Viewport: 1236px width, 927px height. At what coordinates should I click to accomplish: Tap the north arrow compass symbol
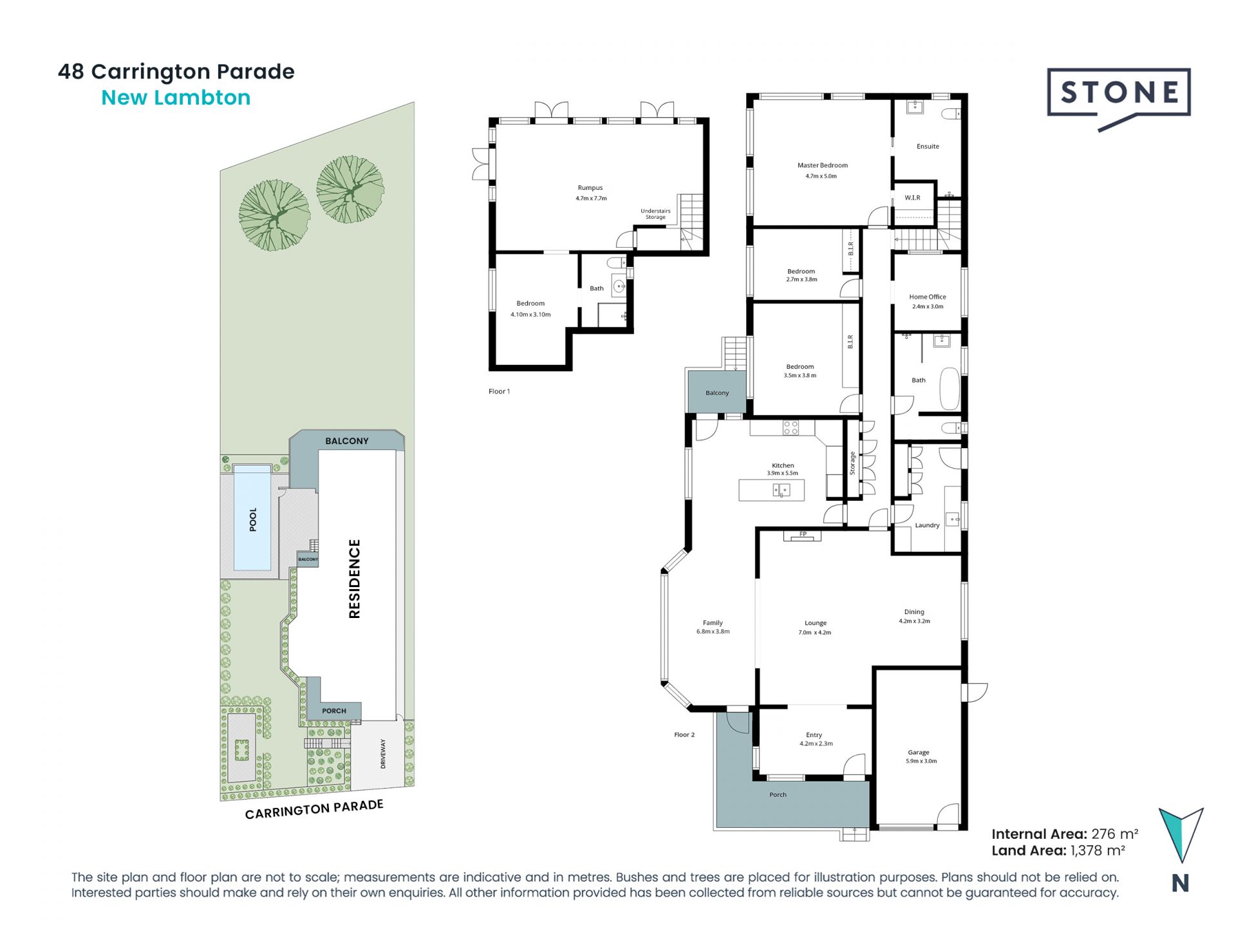[x=1181, y=835]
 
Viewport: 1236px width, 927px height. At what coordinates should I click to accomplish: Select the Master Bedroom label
[x=822, y=165]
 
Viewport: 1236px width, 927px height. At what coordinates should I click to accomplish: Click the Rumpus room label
[x=590, y=188]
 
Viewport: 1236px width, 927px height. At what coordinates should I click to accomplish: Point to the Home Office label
[x=928, y=297]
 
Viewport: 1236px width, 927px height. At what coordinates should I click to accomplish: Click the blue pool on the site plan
[x=252, y=518]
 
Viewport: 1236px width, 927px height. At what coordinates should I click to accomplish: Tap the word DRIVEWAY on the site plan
[x=383, y=753]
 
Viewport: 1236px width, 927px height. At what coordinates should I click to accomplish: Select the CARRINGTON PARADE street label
[x=314, y=809]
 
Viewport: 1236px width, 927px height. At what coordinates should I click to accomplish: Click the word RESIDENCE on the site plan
[x=355, y=579]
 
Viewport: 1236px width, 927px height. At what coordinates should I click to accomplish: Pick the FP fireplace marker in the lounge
[x=803, y=534]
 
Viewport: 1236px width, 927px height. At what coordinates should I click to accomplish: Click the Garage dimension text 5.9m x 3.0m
[x=921, y=761]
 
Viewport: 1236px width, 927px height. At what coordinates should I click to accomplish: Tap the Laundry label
[x=927, y=525]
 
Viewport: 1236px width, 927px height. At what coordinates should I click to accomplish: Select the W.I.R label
[x=912, y=198]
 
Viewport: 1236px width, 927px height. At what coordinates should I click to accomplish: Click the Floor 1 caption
[x=499, y=391]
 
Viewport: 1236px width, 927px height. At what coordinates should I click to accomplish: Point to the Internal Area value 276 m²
[x=1115, y=834]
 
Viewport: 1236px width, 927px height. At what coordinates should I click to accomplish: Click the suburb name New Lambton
[x=176, y=98]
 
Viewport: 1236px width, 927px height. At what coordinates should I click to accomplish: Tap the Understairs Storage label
[x=655, y=214]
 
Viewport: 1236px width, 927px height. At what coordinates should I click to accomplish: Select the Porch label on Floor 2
[x=778, y=794]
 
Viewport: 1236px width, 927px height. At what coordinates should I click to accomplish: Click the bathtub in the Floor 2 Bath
[x=950, y=388]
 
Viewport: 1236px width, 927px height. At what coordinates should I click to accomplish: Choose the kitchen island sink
[x=781, y=491]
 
